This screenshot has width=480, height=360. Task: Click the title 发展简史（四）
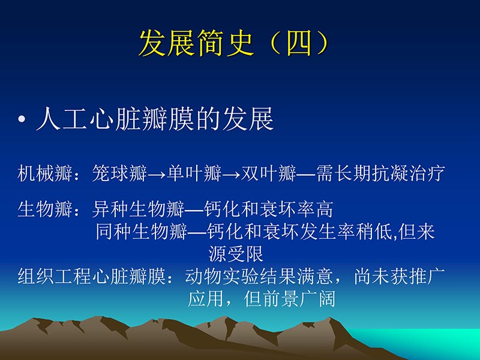[x=234, y=43]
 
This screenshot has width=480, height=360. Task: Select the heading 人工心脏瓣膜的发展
[x=155, y=119]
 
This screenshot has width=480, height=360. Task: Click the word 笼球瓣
[x=119, y=174]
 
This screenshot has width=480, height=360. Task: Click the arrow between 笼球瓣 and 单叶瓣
[x=157, y=175]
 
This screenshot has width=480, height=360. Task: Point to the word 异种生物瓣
[x=139, y=210]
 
